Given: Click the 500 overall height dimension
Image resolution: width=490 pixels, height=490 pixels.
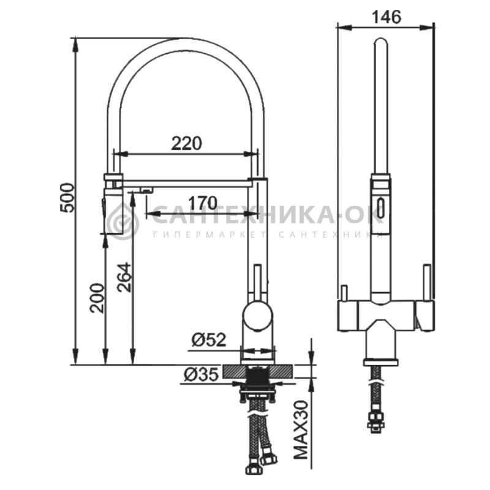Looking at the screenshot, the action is click(68, 198).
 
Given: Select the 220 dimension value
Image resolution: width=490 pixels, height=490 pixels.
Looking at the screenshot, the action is click(187, 144).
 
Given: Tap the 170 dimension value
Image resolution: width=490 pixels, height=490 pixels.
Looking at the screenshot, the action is click(202, 203).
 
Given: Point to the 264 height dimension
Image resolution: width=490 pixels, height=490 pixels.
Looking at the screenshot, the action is click(124, 277).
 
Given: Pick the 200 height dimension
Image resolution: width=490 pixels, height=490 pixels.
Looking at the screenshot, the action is click(97, 298).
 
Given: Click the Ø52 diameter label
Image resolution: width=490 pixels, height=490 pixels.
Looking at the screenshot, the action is click(208, 340).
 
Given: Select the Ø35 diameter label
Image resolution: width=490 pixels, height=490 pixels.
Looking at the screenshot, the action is click(201, 374).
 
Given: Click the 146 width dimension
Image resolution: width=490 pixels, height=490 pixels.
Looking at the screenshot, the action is click(386, 17).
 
